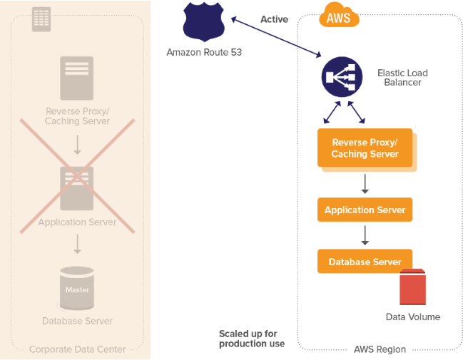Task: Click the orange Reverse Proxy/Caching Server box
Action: [x=365, y=148]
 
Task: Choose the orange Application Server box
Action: [x=365, y=210]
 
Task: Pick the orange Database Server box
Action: [x=365, y=262]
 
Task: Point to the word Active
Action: [x=274, y=19]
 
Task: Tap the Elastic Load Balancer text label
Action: [x=403, y=78]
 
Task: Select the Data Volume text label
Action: [x=413, y=317]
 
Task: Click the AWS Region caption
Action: [x=380, y=349]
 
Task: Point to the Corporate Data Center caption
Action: [x=77, y=349]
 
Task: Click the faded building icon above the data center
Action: [x=41, y=20]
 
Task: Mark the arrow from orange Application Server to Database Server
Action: [x=365, y=236]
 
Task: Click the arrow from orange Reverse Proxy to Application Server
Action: [x=365, y=184]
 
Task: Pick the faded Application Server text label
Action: [x=77, y=222]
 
